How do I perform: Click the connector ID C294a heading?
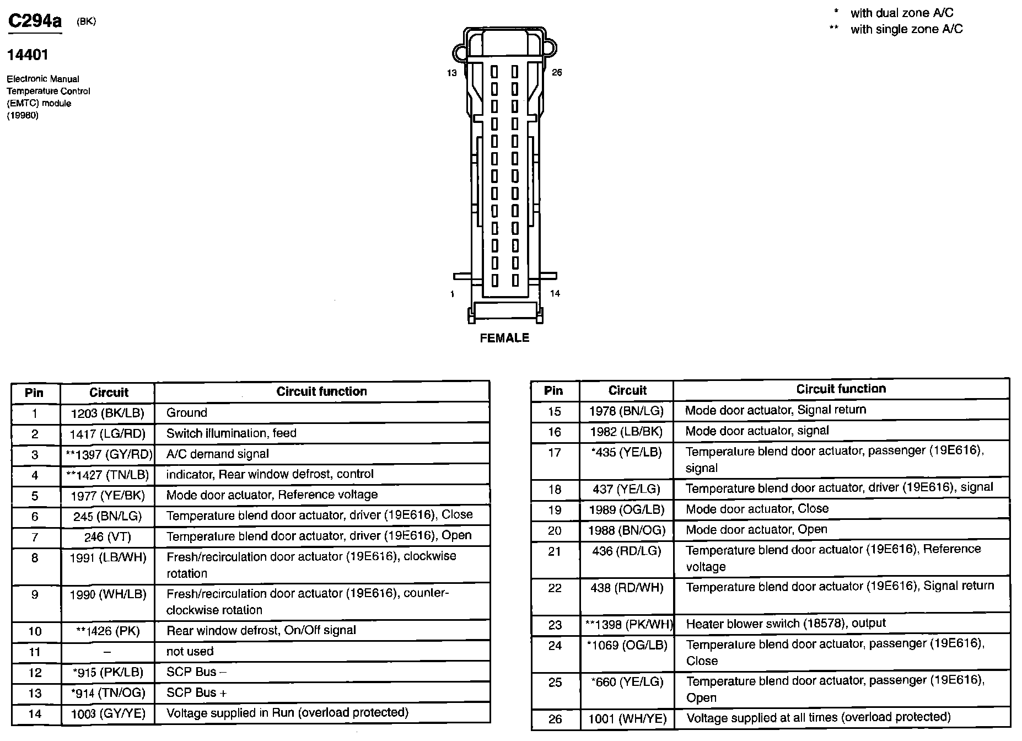point(34,22)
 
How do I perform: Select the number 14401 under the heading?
point(28,55)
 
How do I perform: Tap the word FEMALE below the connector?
point(504,338)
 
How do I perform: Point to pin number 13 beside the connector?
point(452,73)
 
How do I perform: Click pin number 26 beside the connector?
point(557,73)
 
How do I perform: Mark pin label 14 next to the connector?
point(555,294)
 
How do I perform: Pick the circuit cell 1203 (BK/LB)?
point(107,413)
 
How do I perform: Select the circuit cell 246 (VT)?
point(107,536)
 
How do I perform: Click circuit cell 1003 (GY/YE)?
point(108,714)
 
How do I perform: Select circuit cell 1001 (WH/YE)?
point(627,718)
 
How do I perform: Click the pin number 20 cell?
point(555,530)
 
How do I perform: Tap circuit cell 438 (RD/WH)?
point(627,588)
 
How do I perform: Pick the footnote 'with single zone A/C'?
point(906,29)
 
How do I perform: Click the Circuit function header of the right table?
point(841,389)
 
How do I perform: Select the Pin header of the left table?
point(34,393)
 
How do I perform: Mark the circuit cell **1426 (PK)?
point(107,631)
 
